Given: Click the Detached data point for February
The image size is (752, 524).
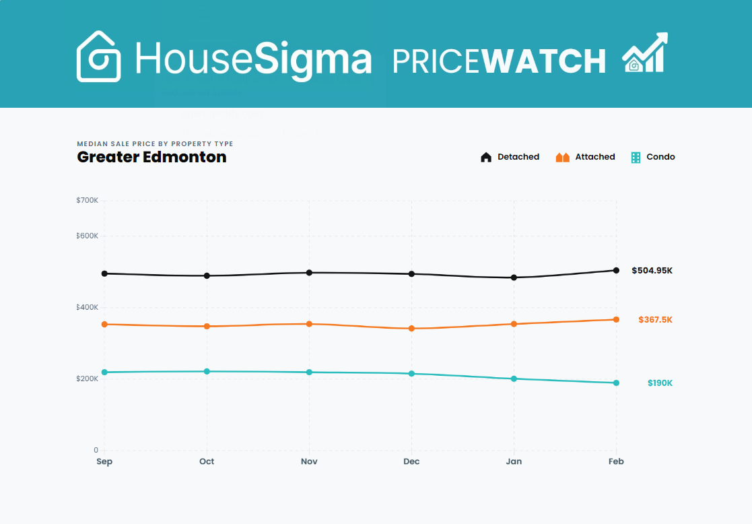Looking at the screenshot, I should coord(616,270).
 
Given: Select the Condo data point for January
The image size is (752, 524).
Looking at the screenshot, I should coord(514,379).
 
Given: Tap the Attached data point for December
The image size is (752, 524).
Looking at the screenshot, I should coord(411,329).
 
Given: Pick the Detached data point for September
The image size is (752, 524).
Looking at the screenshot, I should coord(104,273).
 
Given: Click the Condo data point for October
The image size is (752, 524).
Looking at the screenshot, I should coord(207,371).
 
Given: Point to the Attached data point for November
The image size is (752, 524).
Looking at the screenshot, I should coord(309,324).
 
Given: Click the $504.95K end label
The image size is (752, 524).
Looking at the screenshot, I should coord(652,271).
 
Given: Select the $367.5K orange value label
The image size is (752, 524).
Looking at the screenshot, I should coord(655,320).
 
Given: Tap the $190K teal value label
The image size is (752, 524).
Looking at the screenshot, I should coord(660,383).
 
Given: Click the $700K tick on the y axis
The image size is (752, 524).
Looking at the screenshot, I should coord(88,200).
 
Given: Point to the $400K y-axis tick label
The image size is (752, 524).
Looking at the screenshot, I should coord(88,307).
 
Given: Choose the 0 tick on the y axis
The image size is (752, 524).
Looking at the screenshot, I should coord(96,450).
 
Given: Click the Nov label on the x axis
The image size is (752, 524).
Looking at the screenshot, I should coord(309,461).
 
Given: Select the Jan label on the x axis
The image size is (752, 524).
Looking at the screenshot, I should coord(514,461).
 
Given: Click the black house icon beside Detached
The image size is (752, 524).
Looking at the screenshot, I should coord(486,157).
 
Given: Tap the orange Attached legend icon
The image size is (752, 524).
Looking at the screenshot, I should coord(562,157).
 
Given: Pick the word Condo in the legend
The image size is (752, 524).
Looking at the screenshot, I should coord(660,157).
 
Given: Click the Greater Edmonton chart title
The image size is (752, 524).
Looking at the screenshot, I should coord(151,157).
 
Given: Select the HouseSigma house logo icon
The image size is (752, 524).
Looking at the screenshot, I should coord(99,57).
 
